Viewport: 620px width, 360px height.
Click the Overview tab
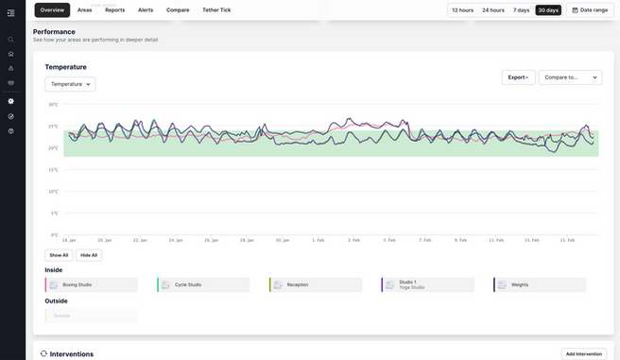coord(52,9)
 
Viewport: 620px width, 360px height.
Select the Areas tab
coord(84,9)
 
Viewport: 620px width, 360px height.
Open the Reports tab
coord(114,9)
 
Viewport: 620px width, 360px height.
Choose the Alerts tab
coord(146,9)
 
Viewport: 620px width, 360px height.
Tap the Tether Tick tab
coord(216,9)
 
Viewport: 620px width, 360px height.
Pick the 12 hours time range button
coord(463,9)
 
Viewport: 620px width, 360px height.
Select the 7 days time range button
coord(521,9)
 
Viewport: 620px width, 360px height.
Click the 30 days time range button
coord(548,9)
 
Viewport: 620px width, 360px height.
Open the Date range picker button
coord(590,9)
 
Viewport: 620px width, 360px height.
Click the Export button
coord(518,77)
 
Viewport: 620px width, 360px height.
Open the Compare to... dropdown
coord(570,77)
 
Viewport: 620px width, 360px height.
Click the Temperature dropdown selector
coord(70,84)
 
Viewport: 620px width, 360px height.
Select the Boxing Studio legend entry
coord(91,284)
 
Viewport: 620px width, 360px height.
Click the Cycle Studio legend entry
coord(203,284)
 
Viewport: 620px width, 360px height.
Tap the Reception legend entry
coord(316,284)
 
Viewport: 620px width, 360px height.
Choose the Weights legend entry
coord(540,284)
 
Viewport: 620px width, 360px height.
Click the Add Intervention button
coord(583,353)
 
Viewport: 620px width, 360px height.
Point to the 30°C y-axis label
coord(54,105)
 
